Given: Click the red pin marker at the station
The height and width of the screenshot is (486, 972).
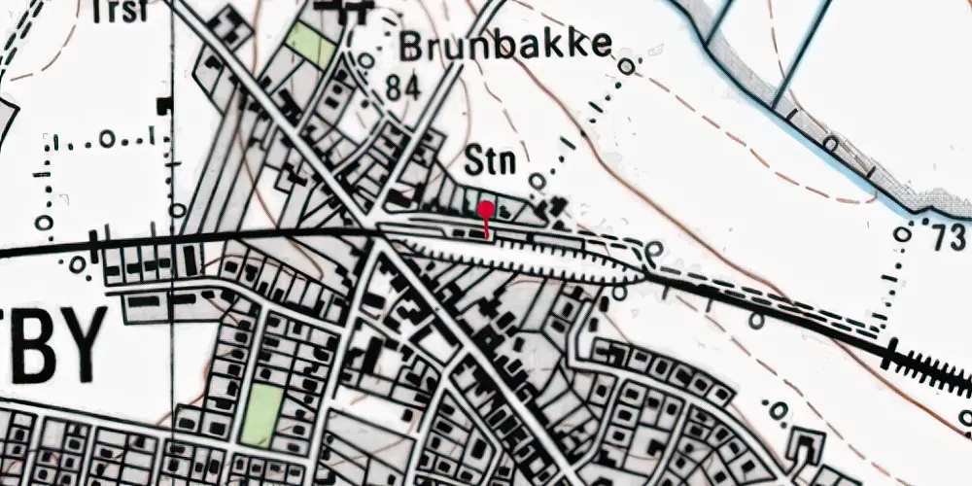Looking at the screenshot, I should pos(485,209).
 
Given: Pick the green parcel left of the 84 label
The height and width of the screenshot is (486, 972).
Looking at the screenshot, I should pos(310,43).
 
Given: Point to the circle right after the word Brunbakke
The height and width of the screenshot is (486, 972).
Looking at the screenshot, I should pos(629,66).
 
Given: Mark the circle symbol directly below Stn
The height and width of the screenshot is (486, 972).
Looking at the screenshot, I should pos(538,181).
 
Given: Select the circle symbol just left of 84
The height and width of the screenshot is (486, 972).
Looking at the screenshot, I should pos(365,60).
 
